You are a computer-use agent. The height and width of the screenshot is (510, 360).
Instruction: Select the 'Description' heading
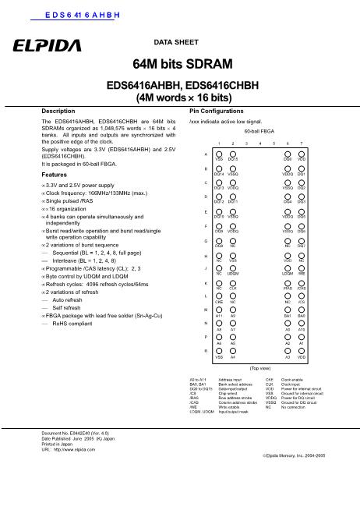(58, 112)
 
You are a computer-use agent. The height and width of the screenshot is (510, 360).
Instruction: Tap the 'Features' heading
(55, 154)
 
